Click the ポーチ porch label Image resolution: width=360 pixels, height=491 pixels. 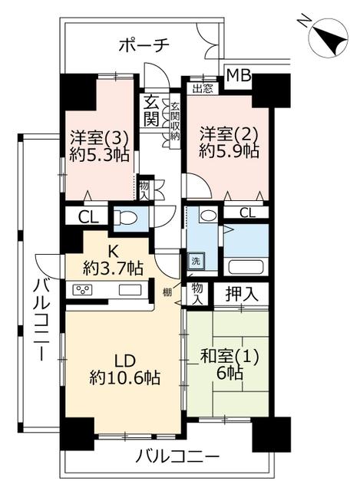[144, 45]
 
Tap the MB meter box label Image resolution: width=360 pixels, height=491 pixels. [239, 75]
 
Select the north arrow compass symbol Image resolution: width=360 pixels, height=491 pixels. [328, 38]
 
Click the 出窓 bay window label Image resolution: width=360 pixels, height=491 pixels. [203, 89]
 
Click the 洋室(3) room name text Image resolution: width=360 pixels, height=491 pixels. [99, 137]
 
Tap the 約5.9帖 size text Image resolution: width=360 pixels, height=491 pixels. [229, 152]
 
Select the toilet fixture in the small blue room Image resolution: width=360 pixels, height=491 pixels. [125, 217]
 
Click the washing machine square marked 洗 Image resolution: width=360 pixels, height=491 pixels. [196, 261]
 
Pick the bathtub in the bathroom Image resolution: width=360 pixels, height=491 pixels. [246, 267]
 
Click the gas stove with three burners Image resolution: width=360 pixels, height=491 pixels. [82, 290]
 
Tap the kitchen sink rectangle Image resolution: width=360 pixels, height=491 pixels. [130, 290]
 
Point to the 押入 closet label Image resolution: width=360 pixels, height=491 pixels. [242, 294]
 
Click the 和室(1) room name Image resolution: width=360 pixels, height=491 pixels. [230, 358]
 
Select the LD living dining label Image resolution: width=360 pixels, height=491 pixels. [124, 361]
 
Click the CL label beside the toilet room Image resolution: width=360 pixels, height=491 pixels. [88, 217]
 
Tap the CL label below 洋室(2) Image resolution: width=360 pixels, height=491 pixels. [247, 213]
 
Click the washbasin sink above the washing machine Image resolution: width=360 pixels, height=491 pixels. [208, 216]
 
